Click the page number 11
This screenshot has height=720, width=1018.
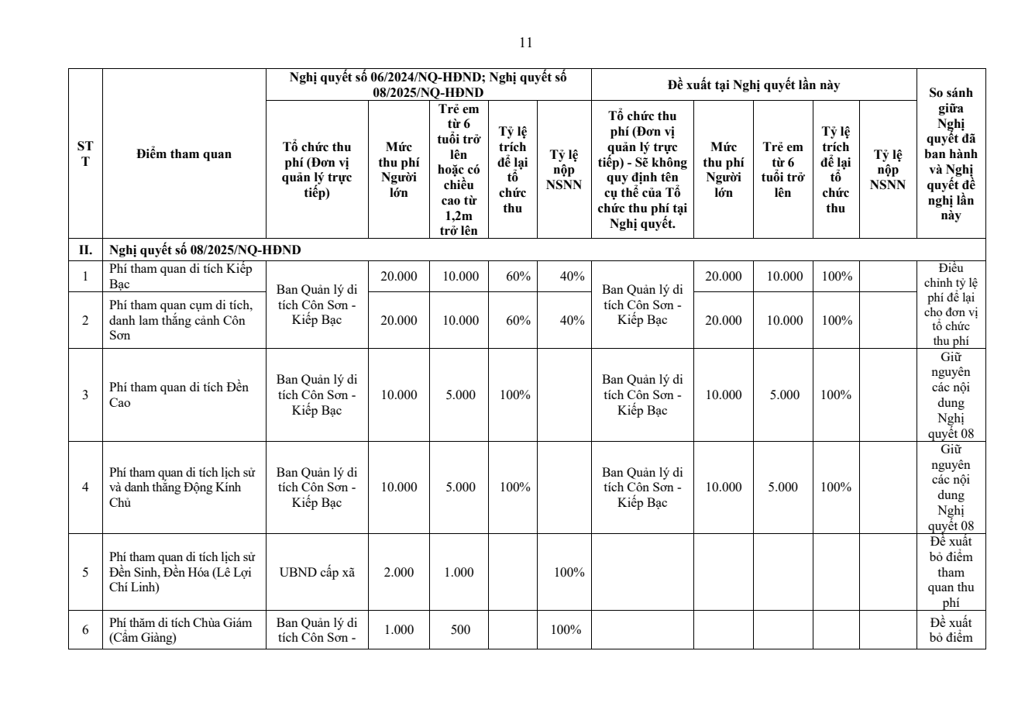pos(525,43)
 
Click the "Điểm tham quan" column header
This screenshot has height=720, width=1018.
pos(184,153)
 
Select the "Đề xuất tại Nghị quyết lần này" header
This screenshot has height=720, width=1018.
pos(754,85)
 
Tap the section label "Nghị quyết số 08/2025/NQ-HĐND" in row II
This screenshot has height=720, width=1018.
pos(205,250)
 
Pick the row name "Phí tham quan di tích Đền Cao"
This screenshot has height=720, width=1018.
pos(179,394)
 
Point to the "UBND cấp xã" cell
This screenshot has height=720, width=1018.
pos(317,572)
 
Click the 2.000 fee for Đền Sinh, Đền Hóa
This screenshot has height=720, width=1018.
pos(398,572)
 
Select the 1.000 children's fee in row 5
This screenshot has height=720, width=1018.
pos(460,572)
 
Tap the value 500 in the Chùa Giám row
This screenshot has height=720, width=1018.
pos(460,629)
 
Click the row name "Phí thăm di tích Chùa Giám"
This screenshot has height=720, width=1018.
pos(181,629)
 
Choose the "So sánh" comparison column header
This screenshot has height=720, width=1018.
pos(951,153)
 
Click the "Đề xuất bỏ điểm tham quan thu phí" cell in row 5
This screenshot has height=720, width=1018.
pos(951,572)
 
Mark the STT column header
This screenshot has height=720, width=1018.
pos(85,153)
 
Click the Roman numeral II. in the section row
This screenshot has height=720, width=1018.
pos(85,250)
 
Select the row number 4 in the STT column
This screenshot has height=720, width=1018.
pos(85,487)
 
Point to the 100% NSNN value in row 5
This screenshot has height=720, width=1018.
pos(568,572)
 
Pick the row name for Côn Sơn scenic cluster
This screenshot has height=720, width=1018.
pos(181,320)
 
